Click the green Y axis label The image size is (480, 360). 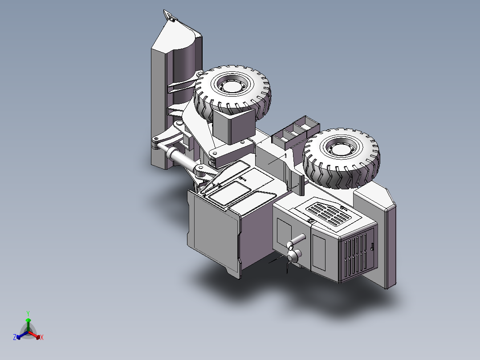click(28, 313)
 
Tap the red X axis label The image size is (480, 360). click(42, 338)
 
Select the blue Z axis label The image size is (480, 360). click(14, 338)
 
